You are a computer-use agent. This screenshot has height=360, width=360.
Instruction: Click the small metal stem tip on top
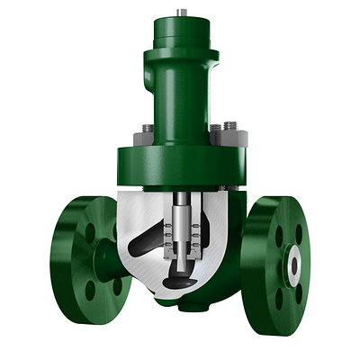point(182,12)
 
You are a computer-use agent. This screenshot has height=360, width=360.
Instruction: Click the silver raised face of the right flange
point(295,262)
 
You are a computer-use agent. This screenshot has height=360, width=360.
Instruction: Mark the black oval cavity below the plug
point(185,281)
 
